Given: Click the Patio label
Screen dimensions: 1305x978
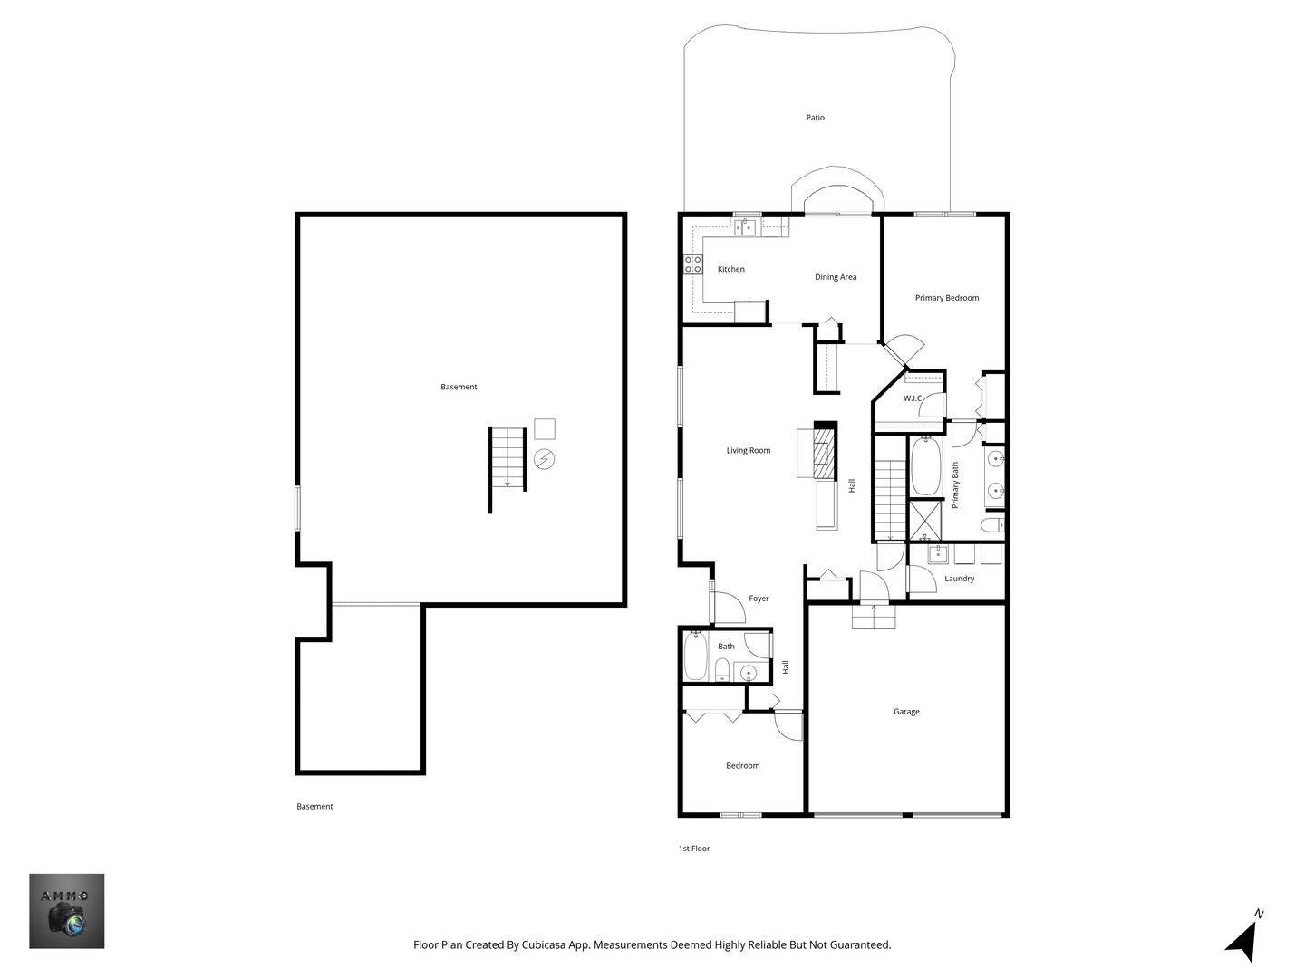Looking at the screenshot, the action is (815, 118).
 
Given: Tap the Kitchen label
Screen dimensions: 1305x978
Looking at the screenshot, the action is (730, 269).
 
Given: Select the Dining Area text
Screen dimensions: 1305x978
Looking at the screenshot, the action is (836, 277).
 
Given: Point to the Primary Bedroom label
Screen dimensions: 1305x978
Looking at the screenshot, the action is (946, 298).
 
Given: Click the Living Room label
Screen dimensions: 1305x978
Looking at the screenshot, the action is (748, 451).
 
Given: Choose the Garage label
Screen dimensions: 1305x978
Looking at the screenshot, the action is (906, 712).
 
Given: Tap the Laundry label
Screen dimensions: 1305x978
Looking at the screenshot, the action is (959, 579).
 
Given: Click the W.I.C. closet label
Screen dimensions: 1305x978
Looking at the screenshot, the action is (913, 398).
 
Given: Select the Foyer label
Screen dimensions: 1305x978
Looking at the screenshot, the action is (759, 599).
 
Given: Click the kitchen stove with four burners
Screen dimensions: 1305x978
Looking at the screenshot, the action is (692, 264).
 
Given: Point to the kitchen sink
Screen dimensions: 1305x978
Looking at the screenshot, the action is (744, 226).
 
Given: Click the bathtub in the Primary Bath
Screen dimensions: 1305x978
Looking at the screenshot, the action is (925, 466).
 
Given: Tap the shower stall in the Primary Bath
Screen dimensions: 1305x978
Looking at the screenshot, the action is (925, 520).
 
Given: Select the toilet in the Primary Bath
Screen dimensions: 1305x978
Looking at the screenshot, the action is (992, 525).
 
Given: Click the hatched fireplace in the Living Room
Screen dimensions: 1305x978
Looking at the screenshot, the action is (825, 453).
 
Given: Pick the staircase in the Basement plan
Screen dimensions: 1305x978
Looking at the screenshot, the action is (507, 458).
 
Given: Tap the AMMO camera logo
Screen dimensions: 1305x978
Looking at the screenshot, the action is (66, 911).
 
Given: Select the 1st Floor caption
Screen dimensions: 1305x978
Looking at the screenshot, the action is (694, 849).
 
